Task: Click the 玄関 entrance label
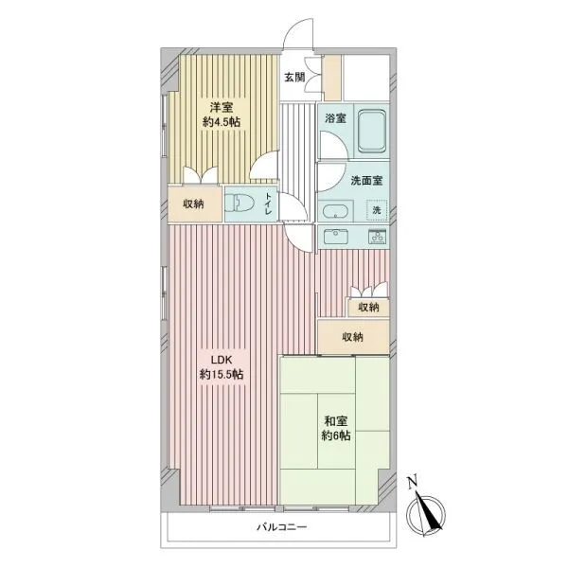(294, 78)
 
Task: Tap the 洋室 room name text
(222, 107)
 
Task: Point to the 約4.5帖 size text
(222, 122)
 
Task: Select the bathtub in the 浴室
(371, 132)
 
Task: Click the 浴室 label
(335, 118)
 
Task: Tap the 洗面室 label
(366, 181)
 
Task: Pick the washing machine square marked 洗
(377, 210)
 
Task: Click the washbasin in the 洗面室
(335, 213)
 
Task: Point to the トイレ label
(269, 204)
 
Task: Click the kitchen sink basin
(336, 237)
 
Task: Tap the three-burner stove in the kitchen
(378, 236)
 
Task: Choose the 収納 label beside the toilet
(193, 204)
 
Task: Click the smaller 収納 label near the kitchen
(368, 307)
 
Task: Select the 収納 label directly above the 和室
(352, 337)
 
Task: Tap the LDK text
(222, 360)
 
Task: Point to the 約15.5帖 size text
(222, 374)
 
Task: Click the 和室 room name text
(336, 421)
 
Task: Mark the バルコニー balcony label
(282, 526)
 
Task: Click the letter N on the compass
(412, 483)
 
